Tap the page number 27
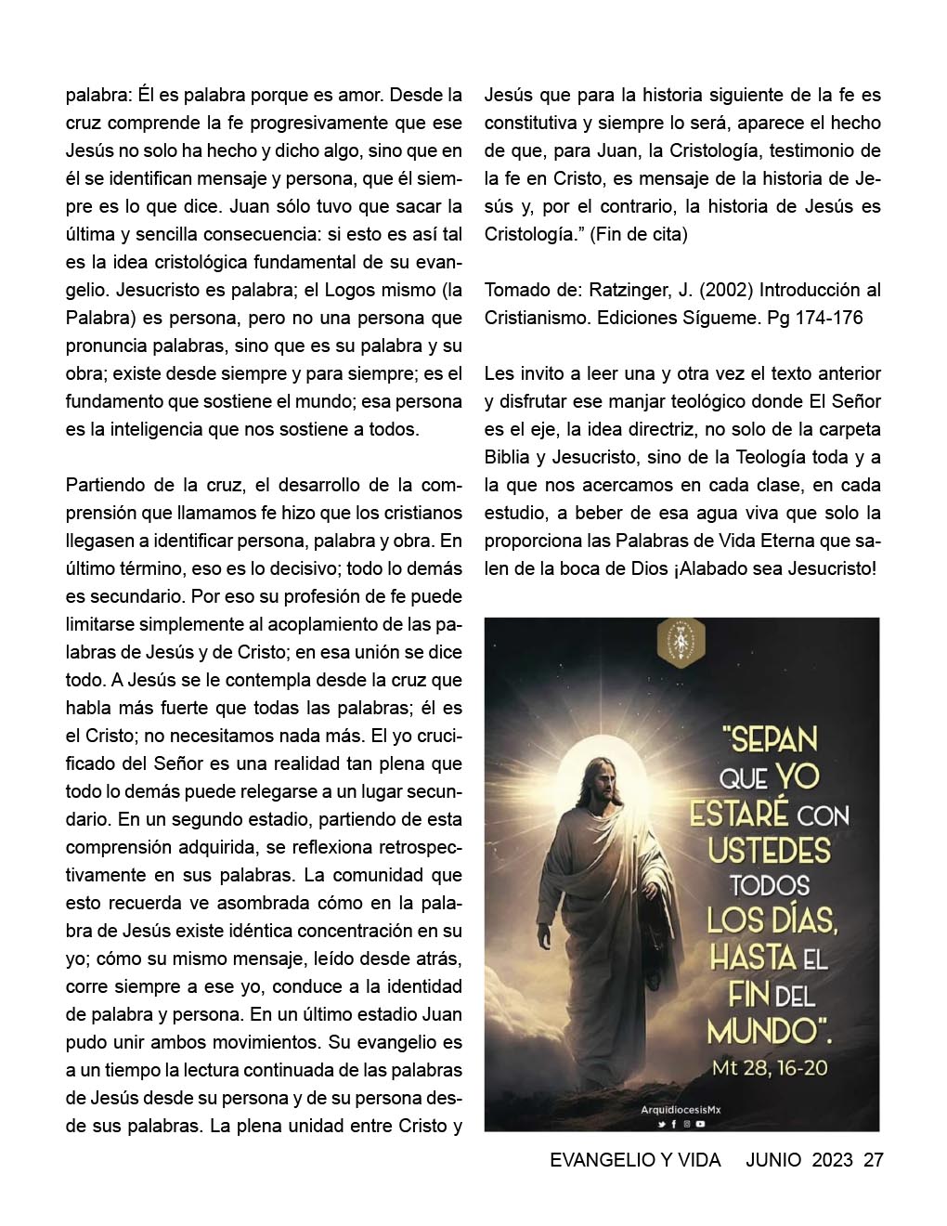tap(873, 1160)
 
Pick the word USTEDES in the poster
tap(769, 850)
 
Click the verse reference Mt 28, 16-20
tap(770, 1067)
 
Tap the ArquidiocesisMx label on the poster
tap(681, 1110)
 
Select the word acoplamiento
tap(305, 625)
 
